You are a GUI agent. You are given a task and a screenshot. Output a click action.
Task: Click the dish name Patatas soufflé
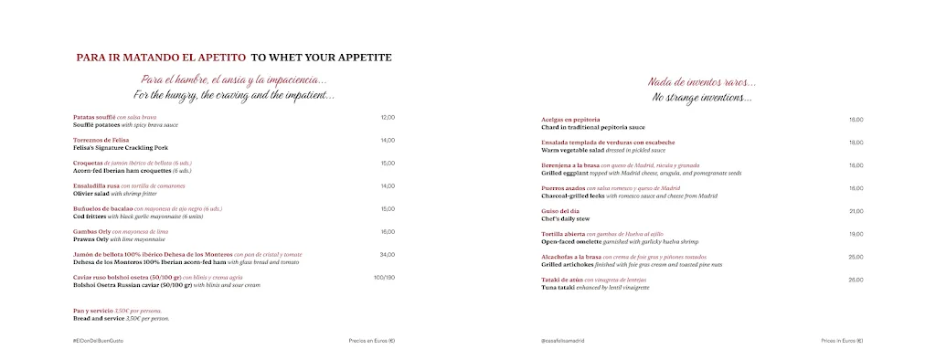tap(94, 117)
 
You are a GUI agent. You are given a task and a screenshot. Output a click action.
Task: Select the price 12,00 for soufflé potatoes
tap(388, 117)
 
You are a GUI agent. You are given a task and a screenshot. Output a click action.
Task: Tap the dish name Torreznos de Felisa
tap(101, 140)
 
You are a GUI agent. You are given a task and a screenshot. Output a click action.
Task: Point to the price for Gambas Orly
tap(388, 231)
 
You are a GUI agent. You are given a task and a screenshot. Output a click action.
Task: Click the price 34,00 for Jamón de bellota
tap(388, 254)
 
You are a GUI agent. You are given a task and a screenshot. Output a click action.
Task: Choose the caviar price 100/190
tap(384, 277)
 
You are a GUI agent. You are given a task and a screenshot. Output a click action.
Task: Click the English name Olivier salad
tap(90, 193)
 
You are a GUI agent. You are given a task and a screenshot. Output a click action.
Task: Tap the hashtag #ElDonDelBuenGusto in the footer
tap(98, 340)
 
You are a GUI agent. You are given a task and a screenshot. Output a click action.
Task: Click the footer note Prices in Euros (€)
tap(842, 340)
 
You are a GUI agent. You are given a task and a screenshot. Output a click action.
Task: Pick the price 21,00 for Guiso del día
tap(856, 211)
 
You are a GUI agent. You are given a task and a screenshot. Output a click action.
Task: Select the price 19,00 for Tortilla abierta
tap(856, 234)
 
